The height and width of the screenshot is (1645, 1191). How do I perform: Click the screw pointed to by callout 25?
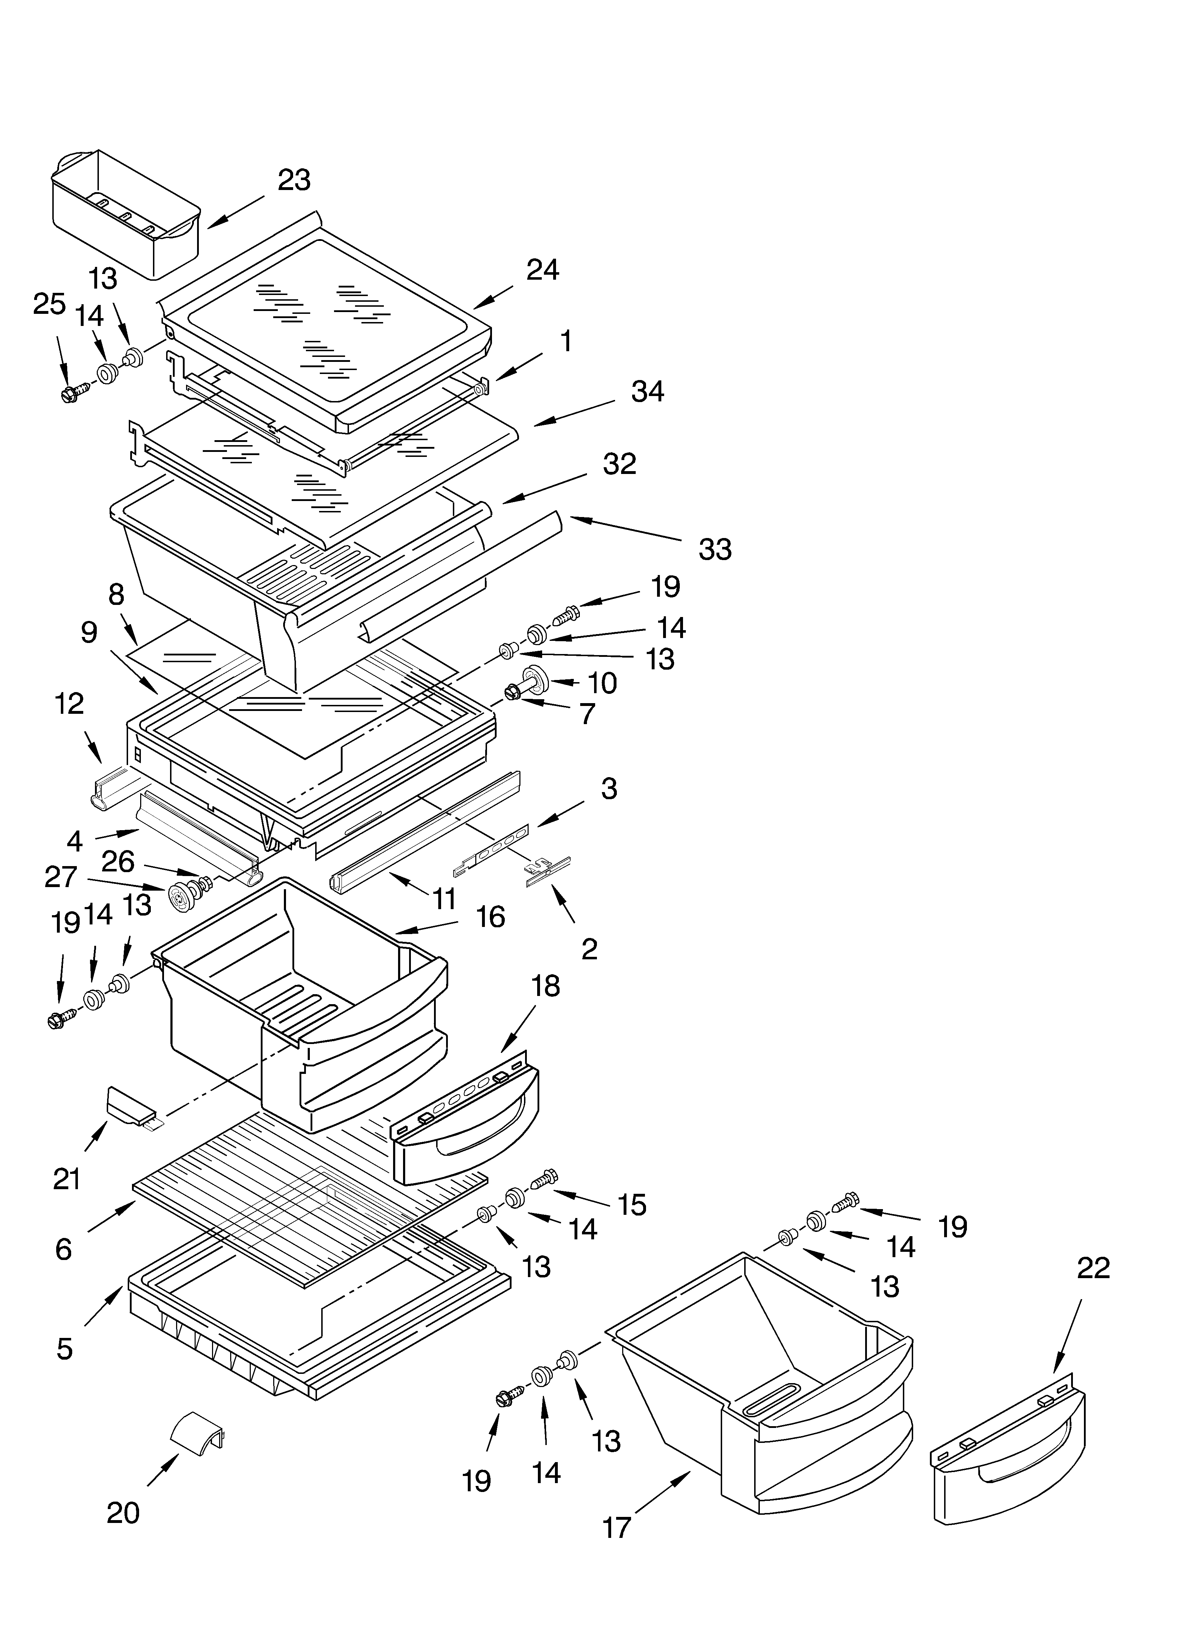73,393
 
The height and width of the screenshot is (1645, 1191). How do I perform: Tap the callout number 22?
1093,1268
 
